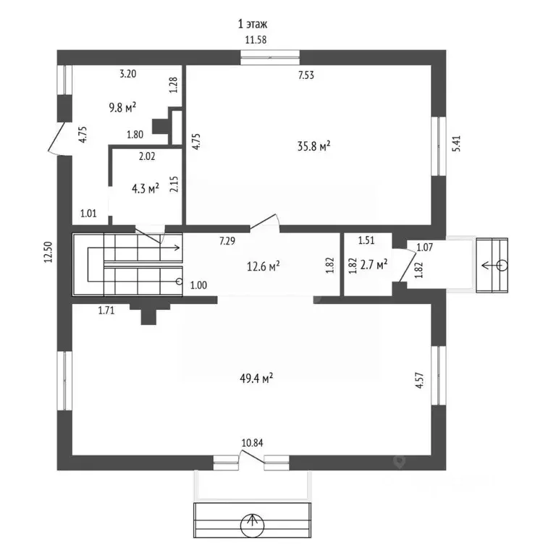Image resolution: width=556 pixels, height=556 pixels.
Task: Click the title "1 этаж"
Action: pyautogui.click(x=253, y=24)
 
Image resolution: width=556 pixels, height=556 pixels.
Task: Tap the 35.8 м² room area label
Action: pyautogui.click(x=313, y=146)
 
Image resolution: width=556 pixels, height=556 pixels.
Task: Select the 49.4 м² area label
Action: pyautogui.click(x=256, y=379)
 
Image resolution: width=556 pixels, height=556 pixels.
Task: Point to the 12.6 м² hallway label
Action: pyautogui.click(x=264, y=266)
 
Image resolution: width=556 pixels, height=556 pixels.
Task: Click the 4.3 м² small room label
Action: pyautogui.click(x=146, y=188)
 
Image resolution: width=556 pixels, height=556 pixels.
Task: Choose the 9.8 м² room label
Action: pyautogui.click(x=122, y=107)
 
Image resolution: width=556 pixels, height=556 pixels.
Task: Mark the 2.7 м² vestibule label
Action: pyautogui.click(x=374, y=264)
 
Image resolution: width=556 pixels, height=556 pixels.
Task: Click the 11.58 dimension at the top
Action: pyautogui.click(x=256, y=40)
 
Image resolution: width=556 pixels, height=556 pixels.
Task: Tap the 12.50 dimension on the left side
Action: pyautogui.click(x=49, y=252)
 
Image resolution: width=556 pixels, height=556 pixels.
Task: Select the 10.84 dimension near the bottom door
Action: pyautogui.click(x=252, y=443)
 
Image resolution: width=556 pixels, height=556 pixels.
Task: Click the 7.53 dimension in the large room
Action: pyautogui.click(x=306, y=75)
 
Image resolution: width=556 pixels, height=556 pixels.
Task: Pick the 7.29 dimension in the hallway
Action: pyautogui.click(x=227, y=241)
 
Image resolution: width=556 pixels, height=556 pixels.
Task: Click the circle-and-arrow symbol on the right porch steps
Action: pyautogui.click(x=494, y=265)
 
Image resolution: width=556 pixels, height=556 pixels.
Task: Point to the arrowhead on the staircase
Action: pyautogui.click(x=177, y=248)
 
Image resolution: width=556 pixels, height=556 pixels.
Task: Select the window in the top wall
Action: pyautogui.click(x=270, y=57)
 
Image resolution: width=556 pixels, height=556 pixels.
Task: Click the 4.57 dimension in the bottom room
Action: pyautogui.click(x=420, y=380)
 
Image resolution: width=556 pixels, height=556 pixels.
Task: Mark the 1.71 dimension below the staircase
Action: pyautogui.click(x=106, y=311)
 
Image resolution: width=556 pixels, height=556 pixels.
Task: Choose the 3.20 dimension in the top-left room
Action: pyautogui.click(x=127, y=74)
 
